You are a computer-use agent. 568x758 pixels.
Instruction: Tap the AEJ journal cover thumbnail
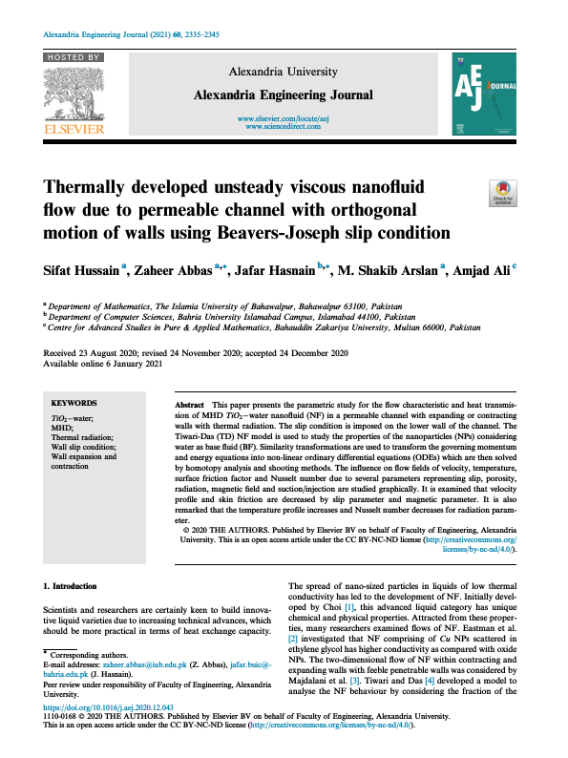coord(483,94)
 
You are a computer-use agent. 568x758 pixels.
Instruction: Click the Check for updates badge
coord(501,192)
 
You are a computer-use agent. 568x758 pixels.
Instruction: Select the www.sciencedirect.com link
coord(284,126)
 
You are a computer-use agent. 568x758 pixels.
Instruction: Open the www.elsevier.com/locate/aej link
coord(284,117)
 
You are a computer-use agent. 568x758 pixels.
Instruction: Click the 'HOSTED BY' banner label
coord(74,57)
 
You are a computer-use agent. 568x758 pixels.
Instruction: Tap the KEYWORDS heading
coord(73,404)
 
